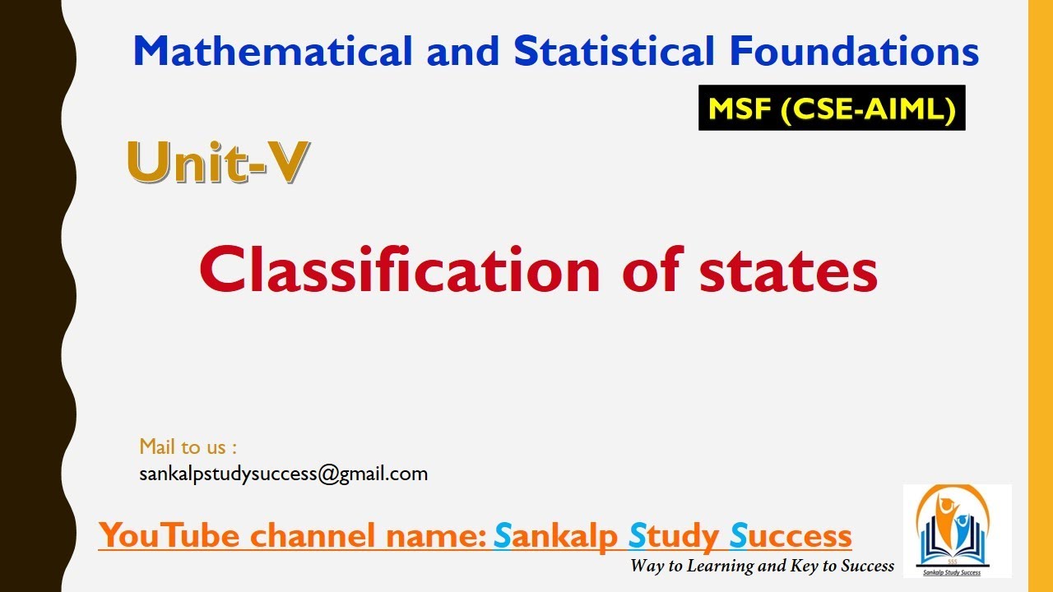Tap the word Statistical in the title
coord(614,52)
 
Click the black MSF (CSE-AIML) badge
coord(832,108)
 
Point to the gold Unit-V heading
coord(218,162)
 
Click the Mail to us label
coord(188,447)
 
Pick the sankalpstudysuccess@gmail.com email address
coord(284,474)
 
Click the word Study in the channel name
coord(674,536)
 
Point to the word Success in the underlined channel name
coord(791,536)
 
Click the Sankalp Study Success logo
coord(957,530)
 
